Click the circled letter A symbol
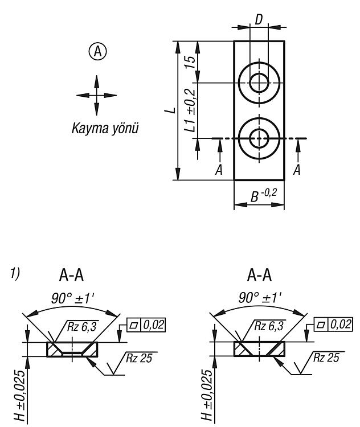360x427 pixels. click(97, 51)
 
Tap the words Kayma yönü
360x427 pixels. click(105, 128)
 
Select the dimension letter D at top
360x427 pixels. click(259, 19)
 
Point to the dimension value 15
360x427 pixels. click(191, 63)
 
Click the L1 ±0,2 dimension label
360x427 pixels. click(190, 110)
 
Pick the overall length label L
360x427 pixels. click(170, 110)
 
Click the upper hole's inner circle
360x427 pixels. click(250, 83)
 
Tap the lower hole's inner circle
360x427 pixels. click(250, 138)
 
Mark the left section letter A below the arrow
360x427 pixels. click(219, 170)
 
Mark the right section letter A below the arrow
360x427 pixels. click(297, 170)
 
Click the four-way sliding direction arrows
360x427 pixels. click(96, 95)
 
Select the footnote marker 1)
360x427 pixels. click(15, 273)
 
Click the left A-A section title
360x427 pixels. click(71, 275)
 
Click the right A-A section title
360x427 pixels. click(259, 275)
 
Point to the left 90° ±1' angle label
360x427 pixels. click(72, 298)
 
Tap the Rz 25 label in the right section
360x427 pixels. click(326, 358)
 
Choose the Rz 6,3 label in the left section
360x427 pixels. click(82, 326)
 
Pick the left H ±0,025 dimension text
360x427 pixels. click(21, 395)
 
